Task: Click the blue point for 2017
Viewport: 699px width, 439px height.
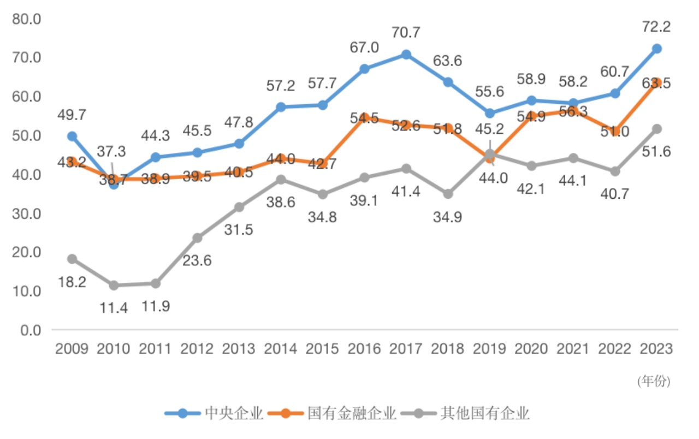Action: point(406,55)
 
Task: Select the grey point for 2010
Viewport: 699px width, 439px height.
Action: point(114,286)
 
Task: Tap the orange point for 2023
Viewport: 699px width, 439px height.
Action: point(657,83)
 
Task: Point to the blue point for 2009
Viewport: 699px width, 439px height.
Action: point(72,136)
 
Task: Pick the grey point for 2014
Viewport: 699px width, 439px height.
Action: point(281,180)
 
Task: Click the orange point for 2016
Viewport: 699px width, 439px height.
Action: point(364,118)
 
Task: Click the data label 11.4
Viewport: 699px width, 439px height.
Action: point(114,307)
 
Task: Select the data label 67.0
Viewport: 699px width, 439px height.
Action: point(364,48)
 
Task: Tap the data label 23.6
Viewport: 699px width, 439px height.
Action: point(197,260)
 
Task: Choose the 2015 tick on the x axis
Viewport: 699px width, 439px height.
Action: point(322,348)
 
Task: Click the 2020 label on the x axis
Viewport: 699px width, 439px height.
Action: point(531,348)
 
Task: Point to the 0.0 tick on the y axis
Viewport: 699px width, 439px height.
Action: point(31,330)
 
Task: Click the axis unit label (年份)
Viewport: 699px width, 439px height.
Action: point(653,381)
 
